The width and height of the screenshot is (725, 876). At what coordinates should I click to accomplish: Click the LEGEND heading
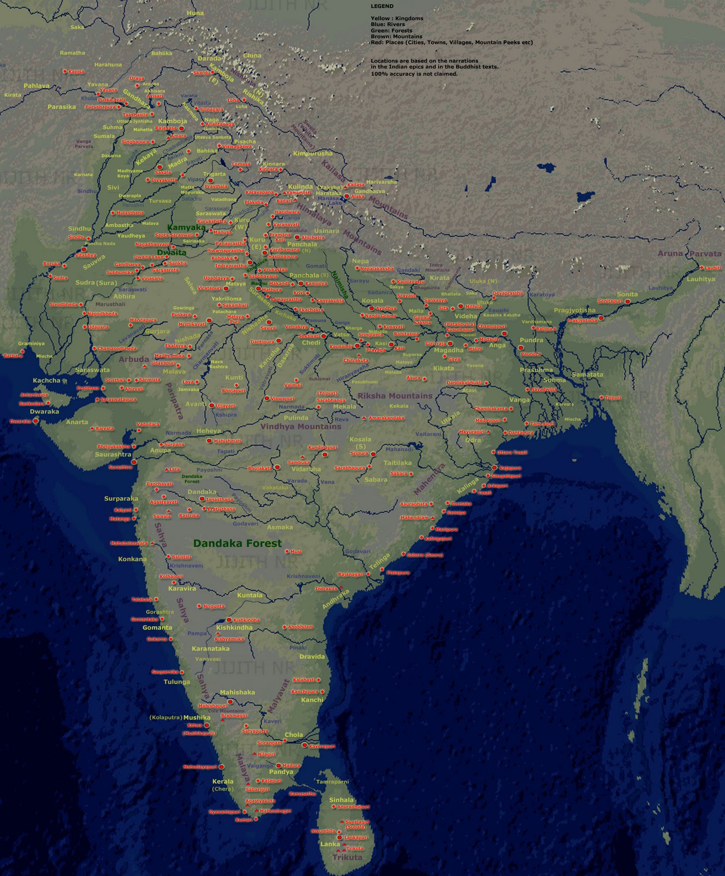382,6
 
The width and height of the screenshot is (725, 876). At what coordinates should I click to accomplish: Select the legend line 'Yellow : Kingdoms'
396,19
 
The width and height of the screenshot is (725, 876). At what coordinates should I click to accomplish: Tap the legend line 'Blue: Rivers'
388,25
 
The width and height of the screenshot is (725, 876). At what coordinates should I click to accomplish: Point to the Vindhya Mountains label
301,427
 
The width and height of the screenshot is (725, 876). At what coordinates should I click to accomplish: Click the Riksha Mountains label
395,396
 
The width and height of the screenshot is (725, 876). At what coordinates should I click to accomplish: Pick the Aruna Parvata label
689,253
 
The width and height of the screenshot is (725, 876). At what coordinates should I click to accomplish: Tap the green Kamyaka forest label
187,227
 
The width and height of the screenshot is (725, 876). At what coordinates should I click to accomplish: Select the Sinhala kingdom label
341,800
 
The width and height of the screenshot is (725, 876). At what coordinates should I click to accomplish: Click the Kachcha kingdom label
47,381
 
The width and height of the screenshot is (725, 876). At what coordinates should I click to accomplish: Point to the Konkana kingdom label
133,559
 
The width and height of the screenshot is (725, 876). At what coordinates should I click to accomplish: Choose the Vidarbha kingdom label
306,469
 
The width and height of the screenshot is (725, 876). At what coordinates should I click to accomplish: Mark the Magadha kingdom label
448,350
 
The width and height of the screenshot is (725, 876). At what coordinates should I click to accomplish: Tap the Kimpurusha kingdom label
313,154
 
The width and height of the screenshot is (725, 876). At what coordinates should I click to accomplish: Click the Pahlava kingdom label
37,86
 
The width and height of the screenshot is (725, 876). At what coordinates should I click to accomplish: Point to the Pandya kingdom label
281,772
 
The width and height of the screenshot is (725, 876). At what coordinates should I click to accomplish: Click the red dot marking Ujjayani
212,406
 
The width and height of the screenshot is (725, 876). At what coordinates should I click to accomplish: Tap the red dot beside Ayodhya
371,308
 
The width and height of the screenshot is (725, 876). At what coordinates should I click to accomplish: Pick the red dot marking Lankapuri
340,838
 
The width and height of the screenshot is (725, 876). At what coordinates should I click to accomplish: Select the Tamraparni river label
332,782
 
